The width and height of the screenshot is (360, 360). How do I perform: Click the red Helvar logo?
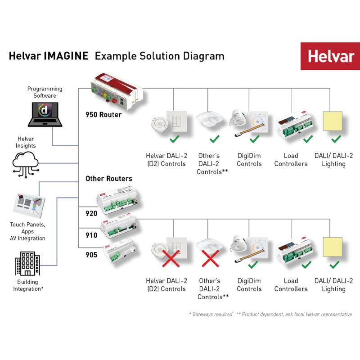pos(330,57)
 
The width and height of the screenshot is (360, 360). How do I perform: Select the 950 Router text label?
pos(103,115)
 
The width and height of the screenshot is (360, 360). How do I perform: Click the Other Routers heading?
pos(108,179)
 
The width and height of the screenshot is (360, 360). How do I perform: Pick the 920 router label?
pos(91,214)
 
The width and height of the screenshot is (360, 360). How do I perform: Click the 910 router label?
pos(91,234)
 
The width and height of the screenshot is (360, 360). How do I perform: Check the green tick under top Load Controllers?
pos(308,139)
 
